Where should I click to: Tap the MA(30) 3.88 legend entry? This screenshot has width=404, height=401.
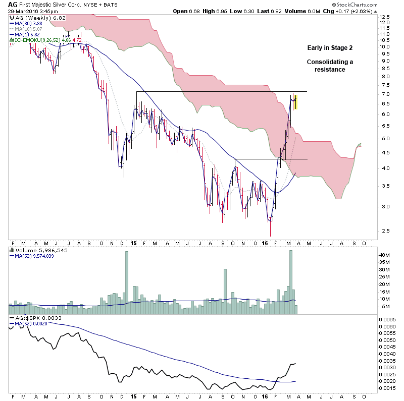(x=26, y=23)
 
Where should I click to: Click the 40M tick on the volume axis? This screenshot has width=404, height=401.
(x=385, y=255)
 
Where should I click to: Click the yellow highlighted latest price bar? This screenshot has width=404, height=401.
(x=295, y=102)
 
